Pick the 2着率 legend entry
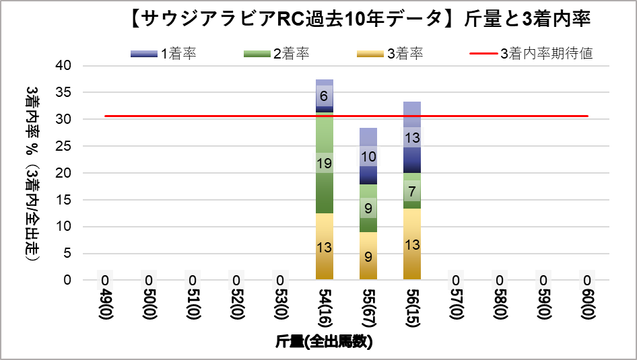click(x=276, y=54)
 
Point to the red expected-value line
click(x=202, y=116)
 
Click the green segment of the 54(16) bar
click(x=324, y=188)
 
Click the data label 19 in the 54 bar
click(x=324, y=163)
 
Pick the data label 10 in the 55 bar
click(x=368, y=156)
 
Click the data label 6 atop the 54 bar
click(x=324, y=96)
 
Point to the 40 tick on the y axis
click(x=65, y=66)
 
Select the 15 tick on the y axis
click(x=65, y=200)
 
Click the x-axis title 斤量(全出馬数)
click(x=324, y=342)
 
